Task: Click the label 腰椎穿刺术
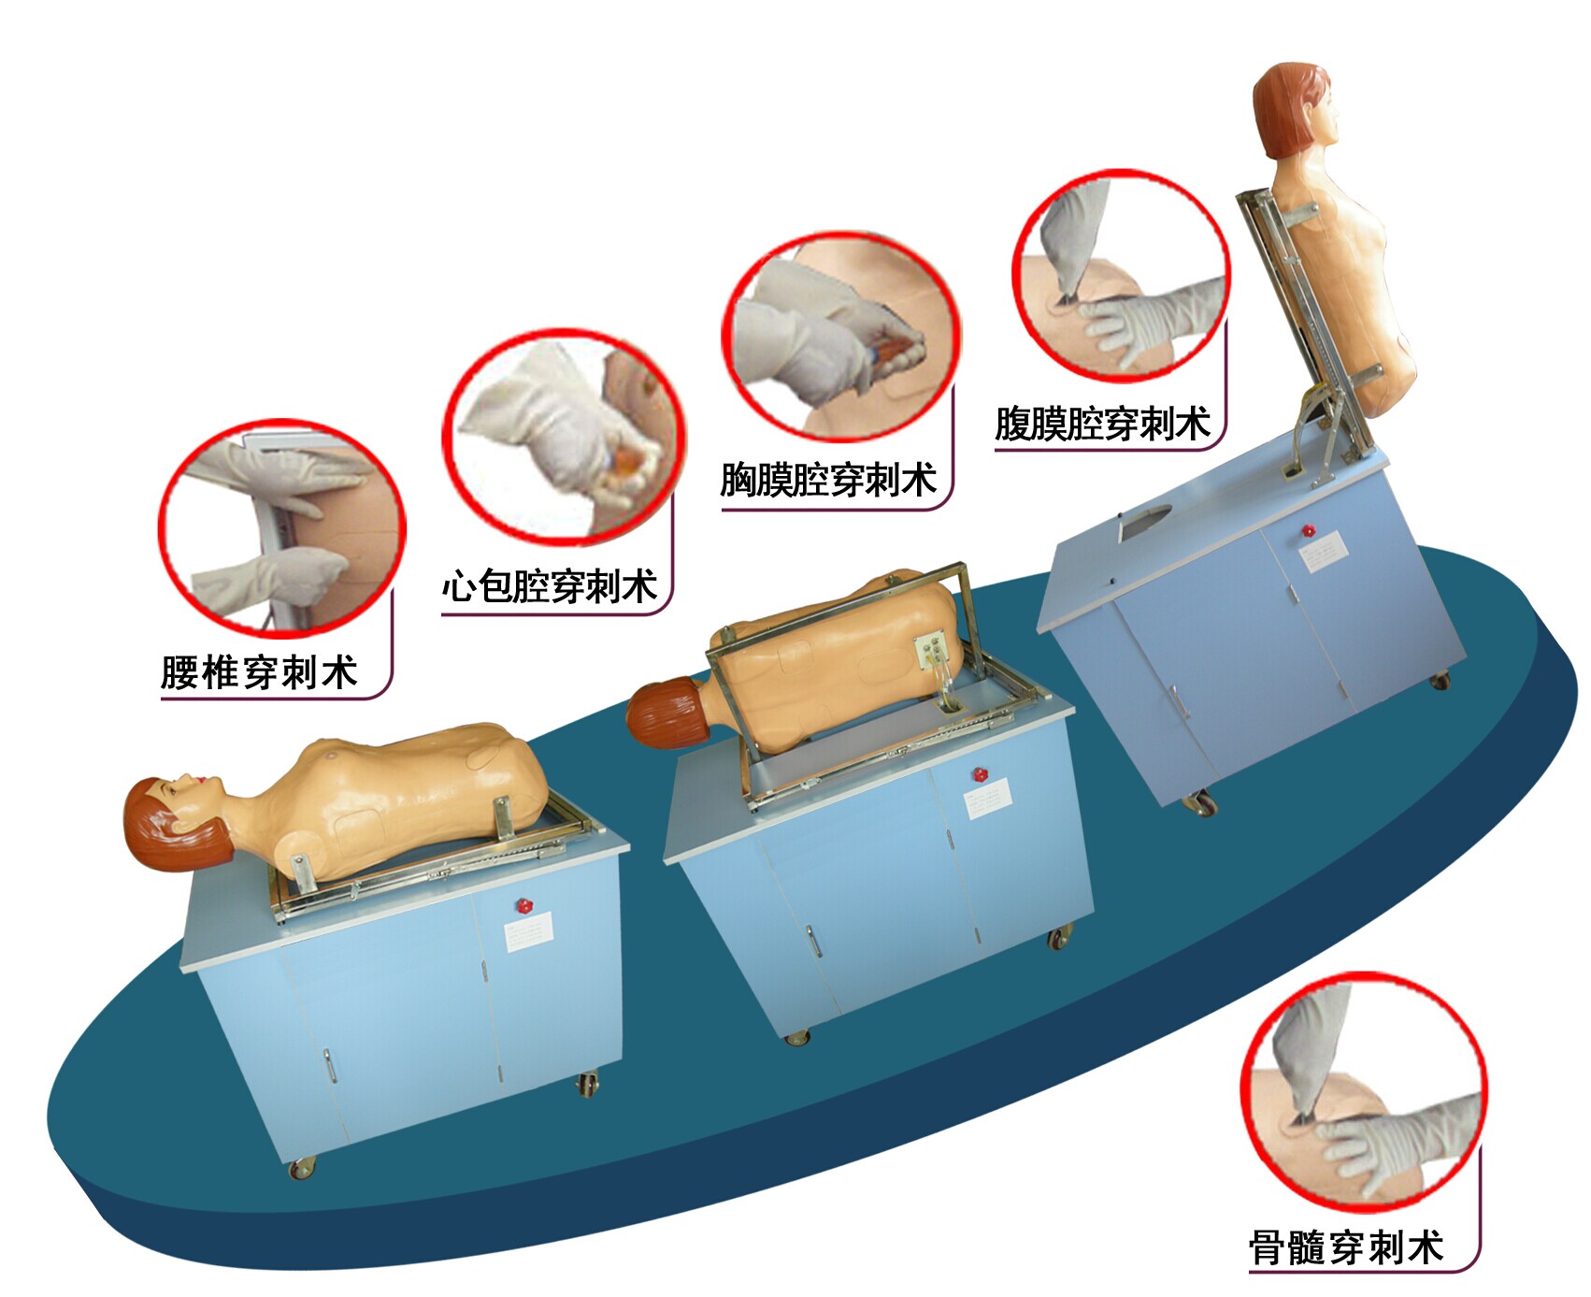tap(259, 671)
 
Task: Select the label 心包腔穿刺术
tap(550, 586)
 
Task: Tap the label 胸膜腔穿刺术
tap(828, 480)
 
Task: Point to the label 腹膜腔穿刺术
tap(1102, 424)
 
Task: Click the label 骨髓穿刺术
tap(1346, 1247)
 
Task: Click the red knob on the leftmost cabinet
tap(524, 904)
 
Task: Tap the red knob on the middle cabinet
tap(980, 775)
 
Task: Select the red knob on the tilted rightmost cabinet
tap(1309, 530)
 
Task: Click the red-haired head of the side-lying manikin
tap(664, 714)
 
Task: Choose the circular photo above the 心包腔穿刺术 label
tap(564, 436)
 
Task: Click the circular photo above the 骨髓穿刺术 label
tap(1362, 1092)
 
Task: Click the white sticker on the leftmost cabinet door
tap(529, 932)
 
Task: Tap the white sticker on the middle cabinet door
tap(987, 799)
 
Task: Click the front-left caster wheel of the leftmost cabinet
tap(302, 1167)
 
